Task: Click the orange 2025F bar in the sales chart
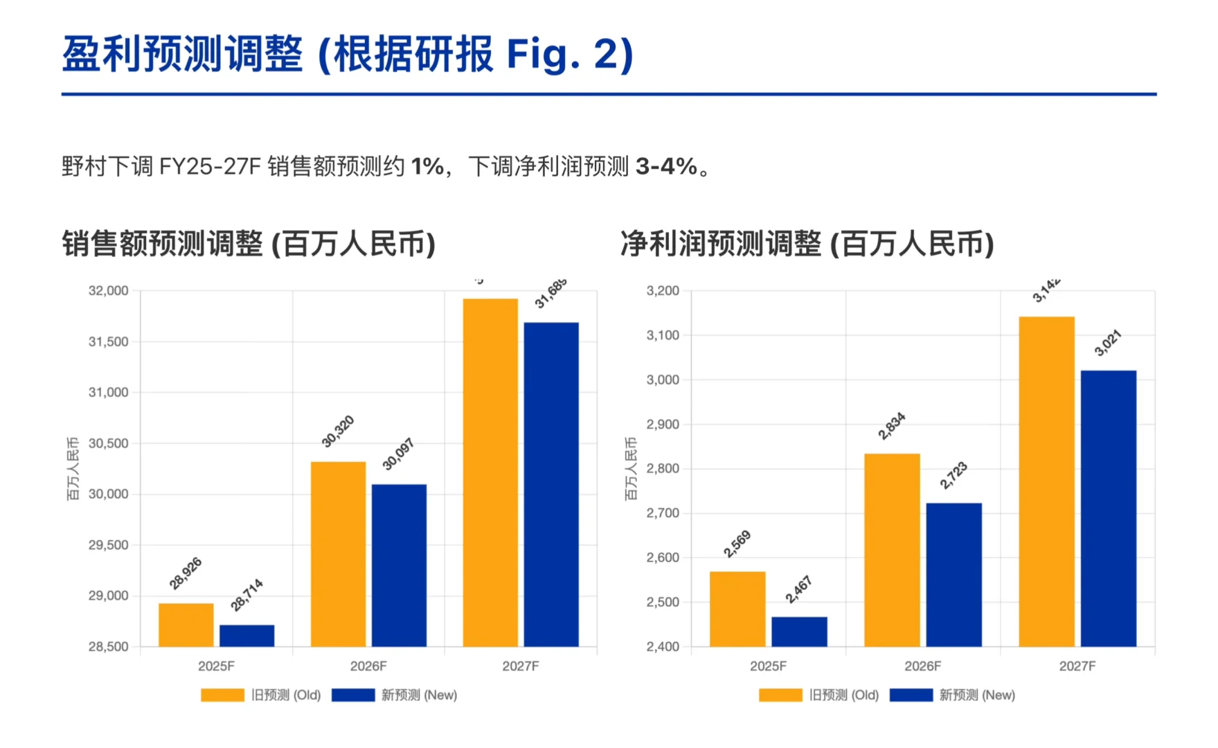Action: (x=186, y=625)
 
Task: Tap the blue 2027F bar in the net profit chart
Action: (x=1108, y=508)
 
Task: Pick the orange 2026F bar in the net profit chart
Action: (x=892, y=550)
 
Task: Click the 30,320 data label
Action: (x=338, y=431)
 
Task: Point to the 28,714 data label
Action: (x=247, y=595)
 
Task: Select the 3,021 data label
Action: (x=1108, y=344)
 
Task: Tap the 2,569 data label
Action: (x=737, y=544)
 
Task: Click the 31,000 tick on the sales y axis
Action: (x=108, y=393)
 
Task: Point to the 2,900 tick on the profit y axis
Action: (x=663, y=425)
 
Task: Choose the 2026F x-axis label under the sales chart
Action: (x=368, y=666)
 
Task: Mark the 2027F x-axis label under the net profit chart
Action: (x=1077, y=666)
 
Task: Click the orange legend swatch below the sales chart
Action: (x=222, y=695)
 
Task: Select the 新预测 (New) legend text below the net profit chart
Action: (x=977, y=695)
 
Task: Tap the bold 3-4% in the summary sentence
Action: (x=666, y=167)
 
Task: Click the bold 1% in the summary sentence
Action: (x=427, y=167)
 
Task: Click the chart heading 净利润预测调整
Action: (x=720, y=244)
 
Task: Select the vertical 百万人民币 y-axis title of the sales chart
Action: (x=73, y=468)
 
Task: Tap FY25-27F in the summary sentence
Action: (x=210, y=167)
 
